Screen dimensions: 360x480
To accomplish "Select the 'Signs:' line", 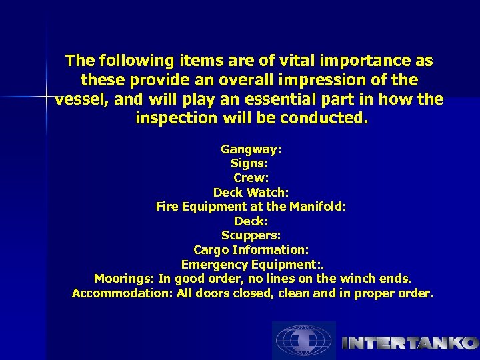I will coord(249,163).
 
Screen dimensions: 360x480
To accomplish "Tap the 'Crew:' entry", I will coord(251,178).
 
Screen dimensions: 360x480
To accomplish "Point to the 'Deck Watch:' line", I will coord(251,193).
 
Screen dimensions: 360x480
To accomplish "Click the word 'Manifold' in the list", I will coord(316,207).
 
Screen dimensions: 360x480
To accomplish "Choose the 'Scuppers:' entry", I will coord(251,235).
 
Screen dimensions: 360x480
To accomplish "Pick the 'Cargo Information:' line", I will coord(251,250).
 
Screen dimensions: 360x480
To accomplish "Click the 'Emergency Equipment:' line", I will coord(251,265).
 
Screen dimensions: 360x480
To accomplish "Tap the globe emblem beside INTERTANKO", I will coord(304,341).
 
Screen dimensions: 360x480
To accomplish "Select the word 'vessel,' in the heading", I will coord(79,99).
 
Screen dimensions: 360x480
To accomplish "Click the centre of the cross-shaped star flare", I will coord(47,97).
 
